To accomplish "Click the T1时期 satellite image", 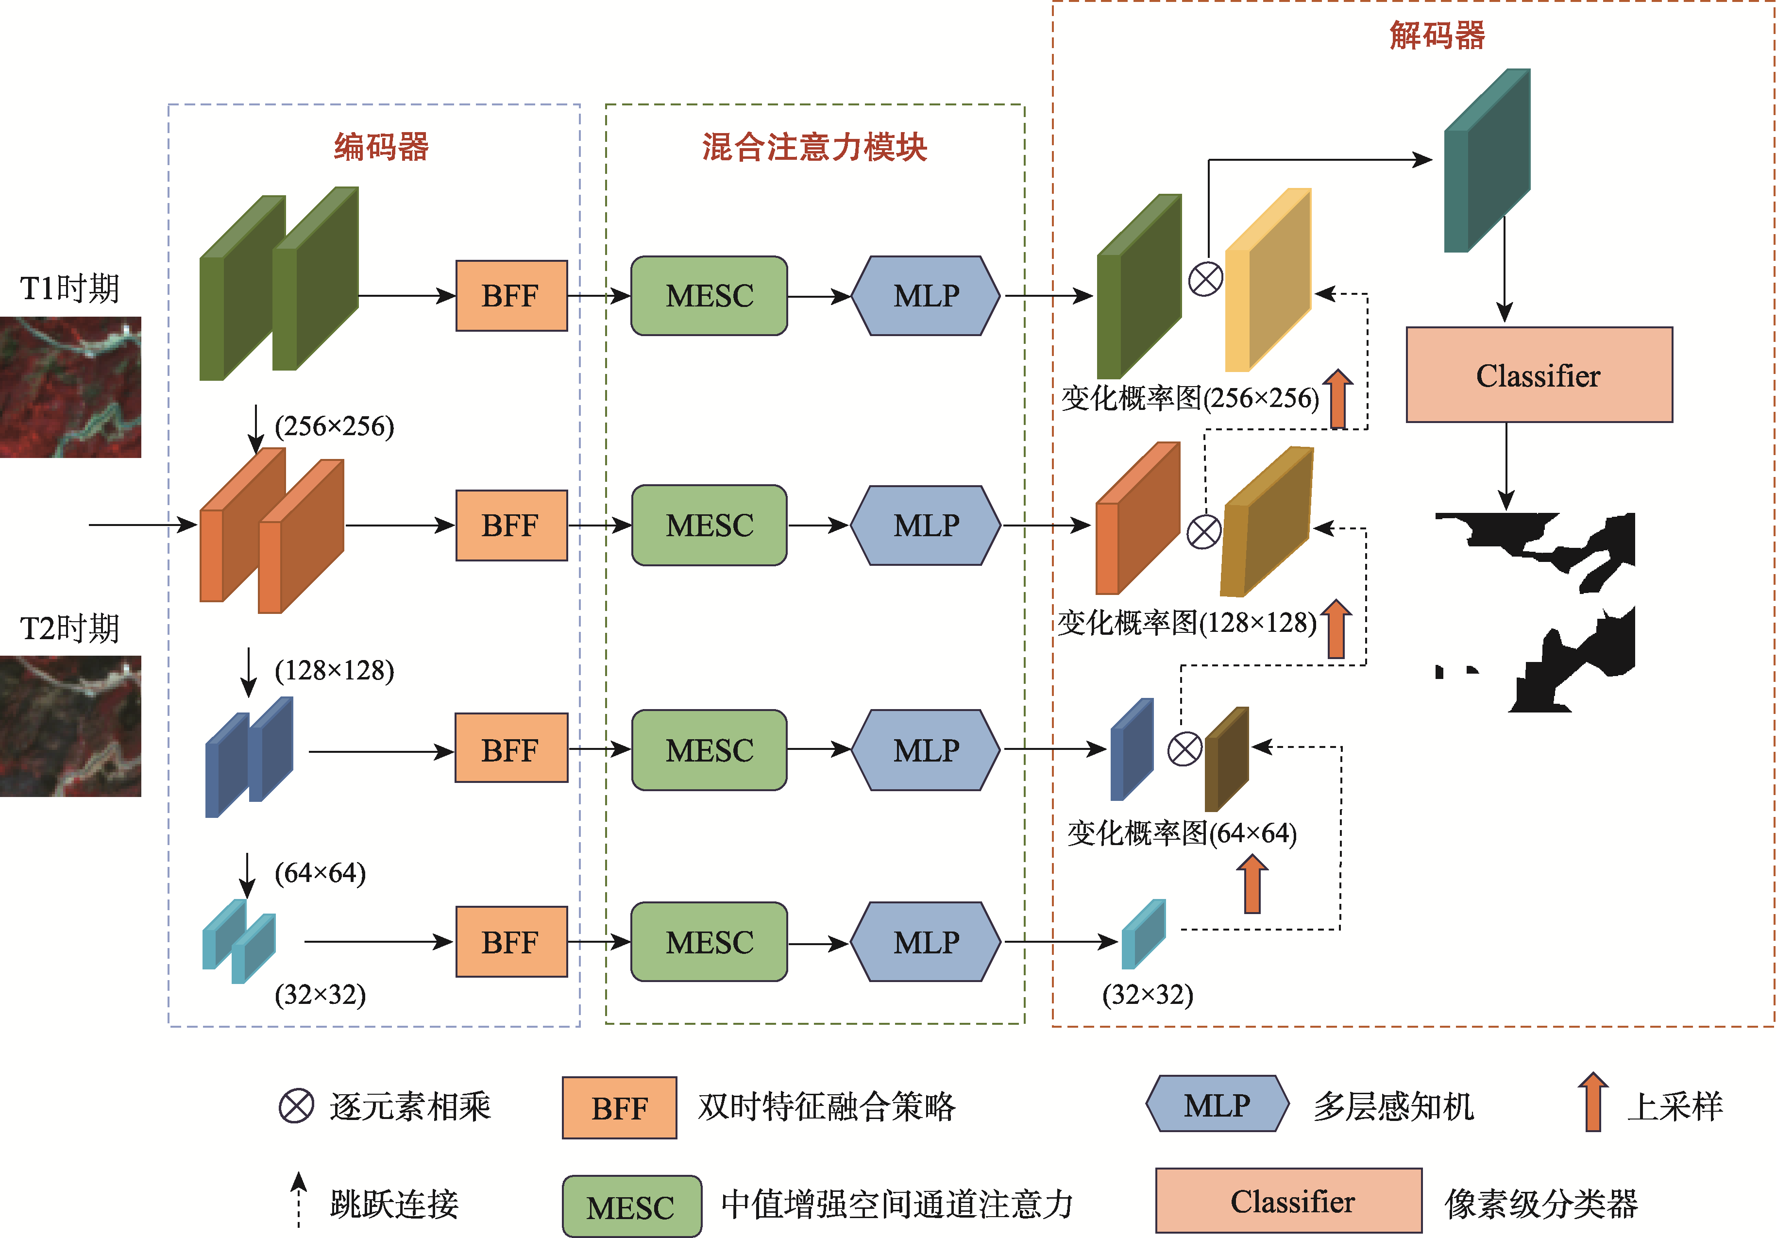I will click(x=70, y=387).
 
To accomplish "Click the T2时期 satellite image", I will click(x=70, y=726).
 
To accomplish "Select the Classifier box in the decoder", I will click(x=1539, y=375).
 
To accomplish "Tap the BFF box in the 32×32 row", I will click(x=511, y=942).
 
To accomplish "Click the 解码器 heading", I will click(x=1437, y=35).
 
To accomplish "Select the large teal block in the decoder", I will click(x=1487, y=161).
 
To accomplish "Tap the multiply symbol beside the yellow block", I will click(x=1205, y=279).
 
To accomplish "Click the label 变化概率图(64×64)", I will click(x=1181, y=833).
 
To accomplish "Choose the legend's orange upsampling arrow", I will click(x=1593, y=1102).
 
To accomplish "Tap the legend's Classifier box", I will click(x=1289, y=1201).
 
